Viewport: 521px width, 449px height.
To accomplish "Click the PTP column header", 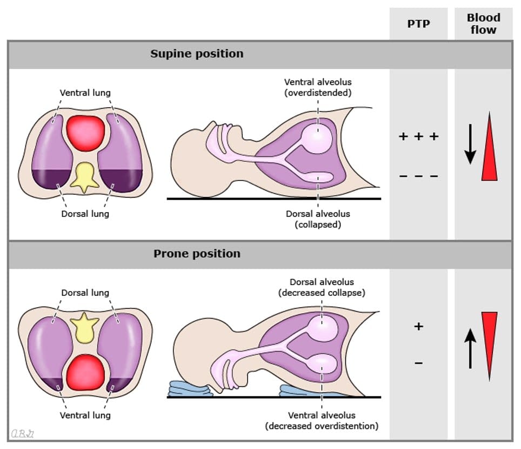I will click(x=418, y=24).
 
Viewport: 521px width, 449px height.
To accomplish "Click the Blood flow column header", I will click(x=483, y=24).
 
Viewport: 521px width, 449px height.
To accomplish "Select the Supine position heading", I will click(x=197, y=54).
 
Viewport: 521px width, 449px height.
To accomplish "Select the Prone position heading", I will click(x=197, y=254).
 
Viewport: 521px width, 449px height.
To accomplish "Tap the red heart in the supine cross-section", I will click(x=85, y=134).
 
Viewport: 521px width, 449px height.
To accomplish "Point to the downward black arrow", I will click(x=470, y=144).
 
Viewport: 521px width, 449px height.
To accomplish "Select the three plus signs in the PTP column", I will click(x=418, y=136).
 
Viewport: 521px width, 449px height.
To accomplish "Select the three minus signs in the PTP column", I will click(x=418, y=176).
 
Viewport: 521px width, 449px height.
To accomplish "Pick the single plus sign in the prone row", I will click(x=418, y=327).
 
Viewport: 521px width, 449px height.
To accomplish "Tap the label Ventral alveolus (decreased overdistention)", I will click(x=322, y=420).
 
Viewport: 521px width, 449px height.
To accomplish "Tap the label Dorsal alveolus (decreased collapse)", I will click(x=322, y=287).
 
